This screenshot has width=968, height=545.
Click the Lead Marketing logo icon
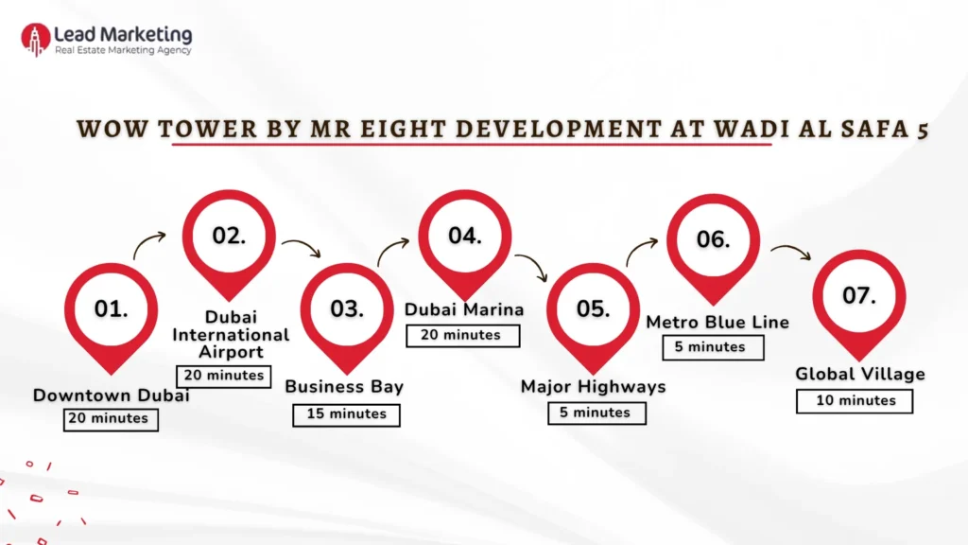point(36,39)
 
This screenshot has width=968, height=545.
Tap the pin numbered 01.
point(111,309)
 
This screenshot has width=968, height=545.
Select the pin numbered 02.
point(229,237)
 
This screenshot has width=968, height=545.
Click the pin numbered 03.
point(347,309)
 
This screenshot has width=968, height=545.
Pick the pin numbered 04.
point(465,237)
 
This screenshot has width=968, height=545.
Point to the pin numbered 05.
point(593,309)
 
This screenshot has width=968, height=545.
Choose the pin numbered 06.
point(714,240)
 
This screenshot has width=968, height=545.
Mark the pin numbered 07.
point(858,296)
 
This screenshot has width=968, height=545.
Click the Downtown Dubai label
point(111,396)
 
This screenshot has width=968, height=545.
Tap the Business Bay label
point(344,386)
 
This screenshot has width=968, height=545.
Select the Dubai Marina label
point(464,309)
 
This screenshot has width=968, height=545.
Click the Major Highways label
point(594,386)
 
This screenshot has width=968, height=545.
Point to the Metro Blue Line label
point(717,323)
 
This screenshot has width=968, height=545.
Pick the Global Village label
point(859,374)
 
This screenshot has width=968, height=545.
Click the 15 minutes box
point(346,413)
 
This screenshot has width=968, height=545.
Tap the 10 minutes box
point(855,400)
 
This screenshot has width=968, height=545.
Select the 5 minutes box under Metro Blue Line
point(710,347)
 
